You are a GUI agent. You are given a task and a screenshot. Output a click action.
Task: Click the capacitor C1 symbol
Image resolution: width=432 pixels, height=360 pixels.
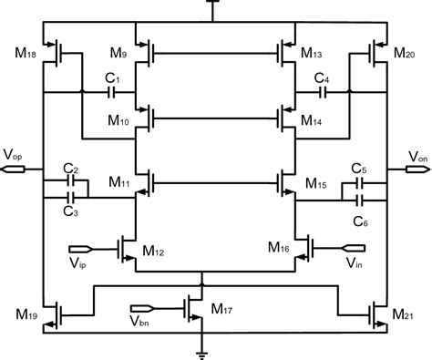click(112, 92)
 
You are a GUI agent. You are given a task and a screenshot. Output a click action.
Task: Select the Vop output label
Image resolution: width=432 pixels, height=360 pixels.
click(15, 155)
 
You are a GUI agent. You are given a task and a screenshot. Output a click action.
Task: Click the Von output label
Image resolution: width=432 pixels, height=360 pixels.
click(417, 156)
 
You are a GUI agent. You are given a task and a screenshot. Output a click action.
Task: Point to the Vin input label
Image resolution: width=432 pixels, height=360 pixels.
click(353, 262)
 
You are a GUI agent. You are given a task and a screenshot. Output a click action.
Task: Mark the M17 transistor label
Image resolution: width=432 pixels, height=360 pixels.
click(222, 309)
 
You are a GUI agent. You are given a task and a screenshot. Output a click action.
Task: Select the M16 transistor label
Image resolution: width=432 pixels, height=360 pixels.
click(280, 247)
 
